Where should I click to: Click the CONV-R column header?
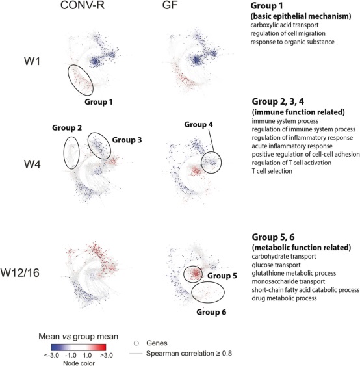point(82,5)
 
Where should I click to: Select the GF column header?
point(170,5)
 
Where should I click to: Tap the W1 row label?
point(32,61)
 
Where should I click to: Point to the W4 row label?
point(32,164)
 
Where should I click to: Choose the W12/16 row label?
point(20,272)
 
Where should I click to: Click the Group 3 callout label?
point(127,140)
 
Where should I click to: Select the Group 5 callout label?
point(222,276)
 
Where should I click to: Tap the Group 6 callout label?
point(211,312)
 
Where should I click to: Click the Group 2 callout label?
point(67,127)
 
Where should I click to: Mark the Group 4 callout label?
point(199,124)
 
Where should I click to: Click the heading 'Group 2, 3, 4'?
point(278,102)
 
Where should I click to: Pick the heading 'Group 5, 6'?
point(273,237)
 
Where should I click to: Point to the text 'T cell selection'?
point(272,171)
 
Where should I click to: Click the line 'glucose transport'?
point(276,265)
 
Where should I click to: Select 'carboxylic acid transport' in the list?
point(285,25)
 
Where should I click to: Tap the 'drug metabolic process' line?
point(284,298)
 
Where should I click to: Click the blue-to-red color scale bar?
point(79,347)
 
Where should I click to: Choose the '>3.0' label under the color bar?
point(107,356)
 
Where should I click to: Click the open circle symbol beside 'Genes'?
point(136,343)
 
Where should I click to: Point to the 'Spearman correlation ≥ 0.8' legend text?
point(189,354)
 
